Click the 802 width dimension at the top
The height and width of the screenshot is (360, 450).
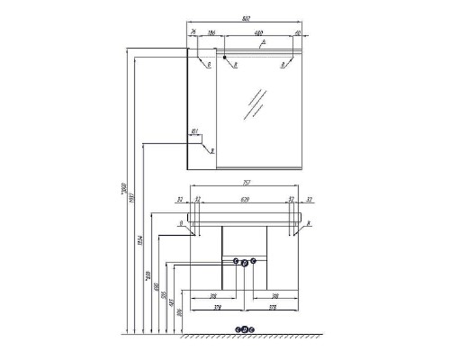[245, 20]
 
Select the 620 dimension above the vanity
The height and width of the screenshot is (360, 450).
[245, 200]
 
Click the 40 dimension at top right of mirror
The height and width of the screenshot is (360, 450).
[296, 33]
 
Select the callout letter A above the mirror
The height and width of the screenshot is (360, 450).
[261, 42]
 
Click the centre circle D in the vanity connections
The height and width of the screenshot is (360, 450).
[245, 262]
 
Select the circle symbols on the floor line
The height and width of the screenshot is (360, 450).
[245, 329]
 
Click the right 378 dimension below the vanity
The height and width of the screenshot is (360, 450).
[279, 306]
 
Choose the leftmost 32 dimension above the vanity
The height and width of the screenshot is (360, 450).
[181, 200]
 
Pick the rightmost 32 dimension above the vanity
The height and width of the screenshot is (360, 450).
[309, 200]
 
